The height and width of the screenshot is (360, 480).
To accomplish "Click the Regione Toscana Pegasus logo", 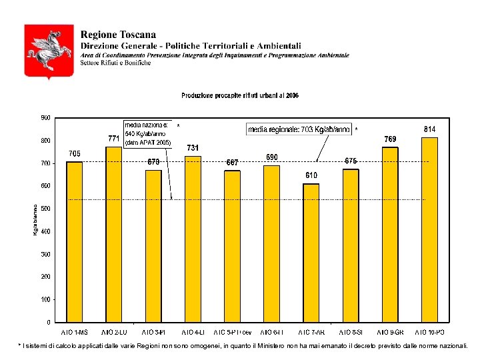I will point(49,51).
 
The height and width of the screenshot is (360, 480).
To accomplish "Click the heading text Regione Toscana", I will point(118,35).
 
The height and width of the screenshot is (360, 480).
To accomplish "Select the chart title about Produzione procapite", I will point(240,96).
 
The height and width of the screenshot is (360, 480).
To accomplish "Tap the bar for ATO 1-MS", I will point(75,241).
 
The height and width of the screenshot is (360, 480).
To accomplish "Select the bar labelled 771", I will point(114,234).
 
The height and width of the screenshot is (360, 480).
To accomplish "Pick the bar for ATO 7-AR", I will point(311,253).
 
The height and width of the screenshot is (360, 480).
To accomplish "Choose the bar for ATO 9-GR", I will point(390,235).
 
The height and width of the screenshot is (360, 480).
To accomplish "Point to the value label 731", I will point(193,148).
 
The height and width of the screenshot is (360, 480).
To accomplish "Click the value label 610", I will point(311,175).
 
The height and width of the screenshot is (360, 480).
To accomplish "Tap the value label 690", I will point(272,157).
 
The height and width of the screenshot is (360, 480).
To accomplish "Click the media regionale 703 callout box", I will point(299,130).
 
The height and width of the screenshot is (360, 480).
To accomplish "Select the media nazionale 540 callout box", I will point(148,133).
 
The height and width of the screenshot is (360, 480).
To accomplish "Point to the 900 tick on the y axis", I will point(45,118).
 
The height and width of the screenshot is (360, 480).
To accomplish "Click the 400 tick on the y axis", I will point(45,231).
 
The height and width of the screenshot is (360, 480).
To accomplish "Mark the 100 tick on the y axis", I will point(45,299).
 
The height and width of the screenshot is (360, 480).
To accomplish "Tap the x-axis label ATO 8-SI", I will point(351,332).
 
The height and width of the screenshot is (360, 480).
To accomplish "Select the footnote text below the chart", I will point(243,346).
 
